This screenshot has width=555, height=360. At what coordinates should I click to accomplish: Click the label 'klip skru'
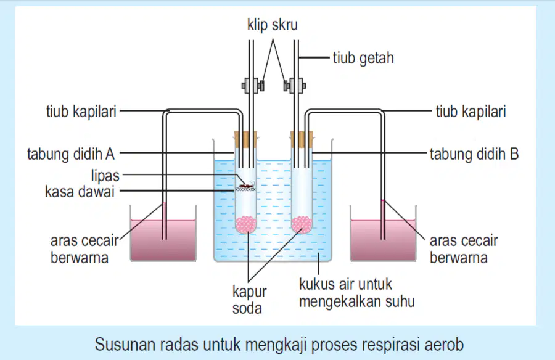272,25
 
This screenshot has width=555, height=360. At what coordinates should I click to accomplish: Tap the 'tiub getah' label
363,58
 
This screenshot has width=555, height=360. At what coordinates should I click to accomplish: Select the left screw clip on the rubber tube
253,86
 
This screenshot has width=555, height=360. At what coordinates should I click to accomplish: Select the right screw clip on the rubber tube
295,86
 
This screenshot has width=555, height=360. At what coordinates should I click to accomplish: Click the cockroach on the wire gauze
246,185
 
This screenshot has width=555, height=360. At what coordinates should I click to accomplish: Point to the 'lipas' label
105,176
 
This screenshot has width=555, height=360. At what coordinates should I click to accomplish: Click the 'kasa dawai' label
80,192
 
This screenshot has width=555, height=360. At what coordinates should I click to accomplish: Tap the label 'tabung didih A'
71,154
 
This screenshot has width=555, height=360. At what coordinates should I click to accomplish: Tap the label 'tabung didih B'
474,154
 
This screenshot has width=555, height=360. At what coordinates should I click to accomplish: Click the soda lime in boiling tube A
246,224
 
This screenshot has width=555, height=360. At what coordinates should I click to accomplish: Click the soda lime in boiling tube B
302,224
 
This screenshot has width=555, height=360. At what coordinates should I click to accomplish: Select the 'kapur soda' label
250,300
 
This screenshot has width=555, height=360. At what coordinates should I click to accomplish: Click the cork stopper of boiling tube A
245,139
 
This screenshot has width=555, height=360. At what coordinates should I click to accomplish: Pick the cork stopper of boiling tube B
302,139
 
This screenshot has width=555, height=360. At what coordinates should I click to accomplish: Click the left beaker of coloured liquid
163,240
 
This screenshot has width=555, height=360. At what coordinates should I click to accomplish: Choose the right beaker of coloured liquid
384,240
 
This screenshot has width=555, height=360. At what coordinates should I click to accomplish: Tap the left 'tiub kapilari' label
81,112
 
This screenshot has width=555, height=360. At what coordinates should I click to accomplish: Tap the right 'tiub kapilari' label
471,112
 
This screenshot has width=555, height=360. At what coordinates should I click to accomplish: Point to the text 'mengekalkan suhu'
357,301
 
